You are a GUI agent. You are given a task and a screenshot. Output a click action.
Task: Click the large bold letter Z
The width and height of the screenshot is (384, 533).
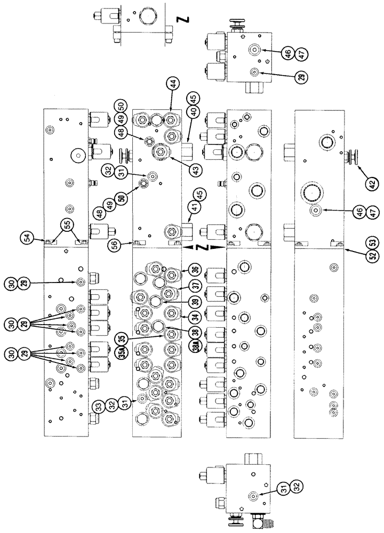click(x=185, y=20)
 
